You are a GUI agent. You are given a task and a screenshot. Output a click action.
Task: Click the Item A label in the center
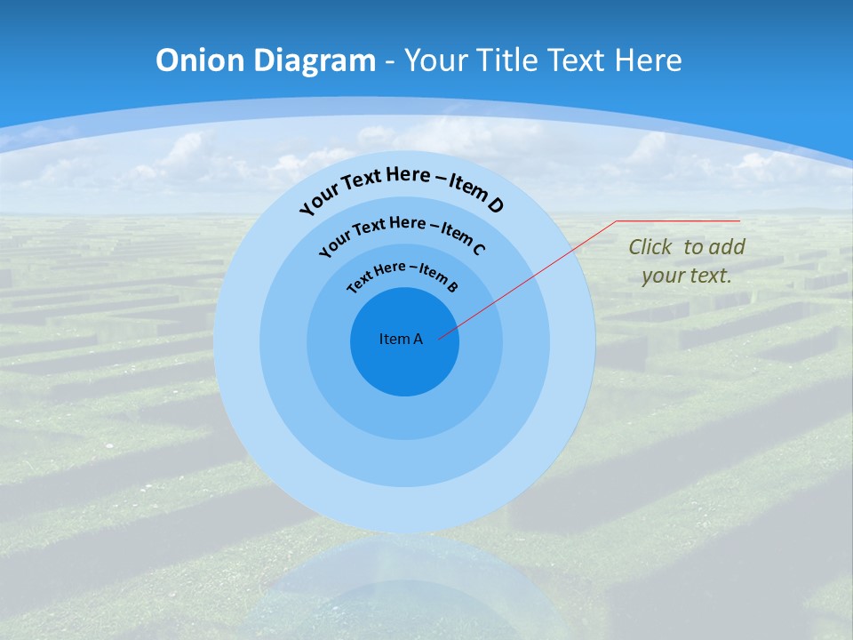pyautogui.click(x=401, y=339)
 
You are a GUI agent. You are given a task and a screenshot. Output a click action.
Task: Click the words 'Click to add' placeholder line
pyautogui.click(x=687, y=247)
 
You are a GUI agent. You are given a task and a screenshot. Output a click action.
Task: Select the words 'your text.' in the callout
pyautogui.click(x=687, y=276)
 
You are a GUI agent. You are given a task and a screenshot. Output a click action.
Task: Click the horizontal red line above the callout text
pyautogui.click(x=678, y=220)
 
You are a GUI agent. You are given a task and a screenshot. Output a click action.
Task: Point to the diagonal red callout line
pyautogui.click(x=533, y=276)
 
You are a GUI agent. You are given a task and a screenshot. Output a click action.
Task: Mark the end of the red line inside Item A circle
pyautogui.click(x=439, y=336)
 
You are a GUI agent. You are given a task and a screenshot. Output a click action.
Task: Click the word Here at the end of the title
pyautogui.click(x=646, y=60)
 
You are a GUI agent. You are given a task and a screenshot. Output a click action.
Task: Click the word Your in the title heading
pyautogui.click(x=436, y=60)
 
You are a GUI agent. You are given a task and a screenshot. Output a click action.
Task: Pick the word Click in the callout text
pyautogui.click(x=651, y=247)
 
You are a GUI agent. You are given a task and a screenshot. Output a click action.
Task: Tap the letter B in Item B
pyautogui.click(x=452, y=287)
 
